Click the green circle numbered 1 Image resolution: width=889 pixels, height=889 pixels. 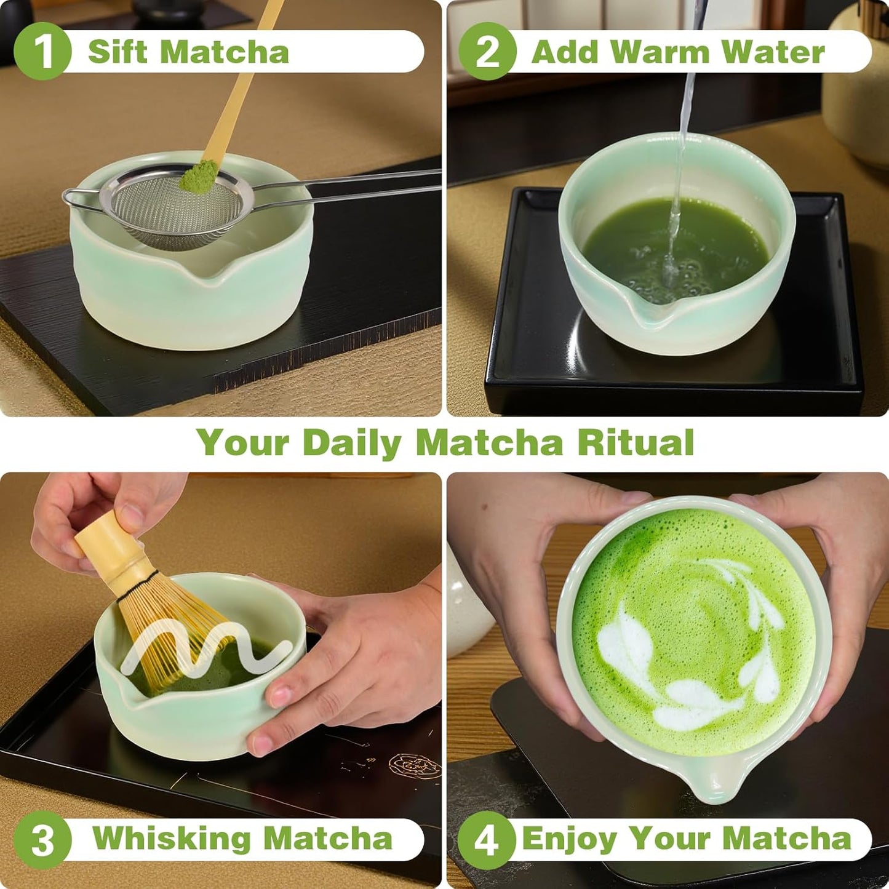(42, 52)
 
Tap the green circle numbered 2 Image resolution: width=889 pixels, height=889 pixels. (487, 52)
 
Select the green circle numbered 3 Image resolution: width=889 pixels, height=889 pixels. (42, 839)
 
